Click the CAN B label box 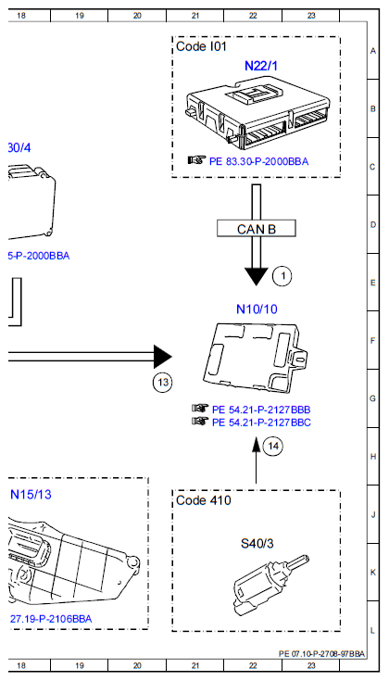[x=255, y=227]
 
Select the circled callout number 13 [x=162, y=382]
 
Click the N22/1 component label [x=259, y=66]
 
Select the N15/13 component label [x=31, y=494]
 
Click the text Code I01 [x=201, y=45]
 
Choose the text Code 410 [x=203, y=500]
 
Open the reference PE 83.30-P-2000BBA [x=258, y=160]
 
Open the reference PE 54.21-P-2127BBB [x=261, y=409]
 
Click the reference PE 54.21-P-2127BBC [x=261, y=422]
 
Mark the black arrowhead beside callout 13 [x=163, y=356]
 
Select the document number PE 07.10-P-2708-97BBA [x=321, y=653]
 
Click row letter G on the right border [x=372, y=397]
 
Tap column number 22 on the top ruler [x=253, y=16]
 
